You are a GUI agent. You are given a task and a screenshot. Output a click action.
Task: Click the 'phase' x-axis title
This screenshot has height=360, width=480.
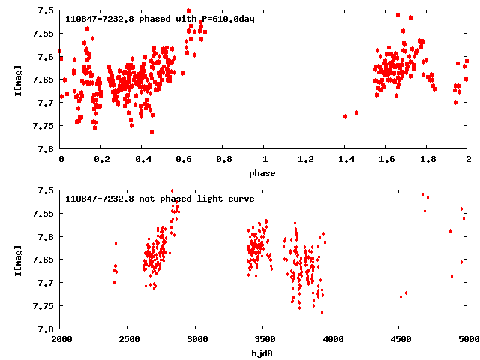coord(262,173)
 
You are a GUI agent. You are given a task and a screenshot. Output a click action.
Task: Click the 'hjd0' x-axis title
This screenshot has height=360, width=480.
coord(262,353)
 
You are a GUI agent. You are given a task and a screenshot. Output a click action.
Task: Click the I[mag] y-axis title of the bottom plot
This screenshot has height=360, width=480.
coord(17,259)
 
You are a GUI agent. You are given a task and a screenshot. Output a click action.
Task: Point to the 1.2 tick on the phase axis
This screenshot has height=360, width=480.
coord(305,160)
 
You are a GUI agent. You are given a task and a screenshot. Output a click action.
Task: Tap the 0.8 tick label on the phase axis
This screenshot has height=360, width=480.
coord(223,160)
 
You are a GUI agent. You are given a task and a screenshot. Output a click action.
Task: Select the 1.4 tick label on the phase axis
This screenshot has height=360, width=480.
coord(346,160)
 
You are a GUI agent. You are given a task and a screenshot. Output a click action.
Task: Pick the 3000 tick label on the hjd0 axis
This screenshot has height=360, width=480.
coord(196,340)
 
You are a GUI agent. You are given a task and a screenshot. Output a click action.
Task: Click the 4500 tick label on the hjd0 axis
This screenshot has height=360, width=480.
coord(400,340)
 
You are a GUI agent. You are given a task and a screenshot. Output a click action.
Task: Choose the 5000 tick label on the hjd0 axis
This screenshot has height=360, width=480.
coord(467,340)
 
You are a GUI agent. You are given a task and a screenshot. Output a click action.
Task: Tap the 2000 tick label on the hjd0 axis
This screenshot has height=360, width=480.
coord(61,340)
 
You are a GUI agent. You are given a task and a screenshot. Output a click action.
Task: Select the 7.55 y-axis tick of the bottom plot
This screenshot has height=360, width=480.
coord(43,214)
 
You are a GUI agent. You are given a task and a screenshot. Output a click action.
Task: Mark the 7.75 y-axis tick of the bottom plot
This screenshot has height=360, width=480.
coord(43,305)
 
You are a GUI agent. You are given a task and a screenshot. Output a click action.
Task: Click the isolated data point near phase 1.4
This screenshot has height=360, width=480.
coord(345,116)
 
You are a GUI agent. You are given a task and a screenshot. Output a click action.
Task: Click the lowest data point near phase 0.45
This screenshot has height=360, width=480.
coord(151,132)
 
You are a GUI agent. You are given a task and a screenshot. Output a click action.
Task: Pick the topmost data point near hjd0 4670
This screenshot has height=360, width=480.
coord(422,194)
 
